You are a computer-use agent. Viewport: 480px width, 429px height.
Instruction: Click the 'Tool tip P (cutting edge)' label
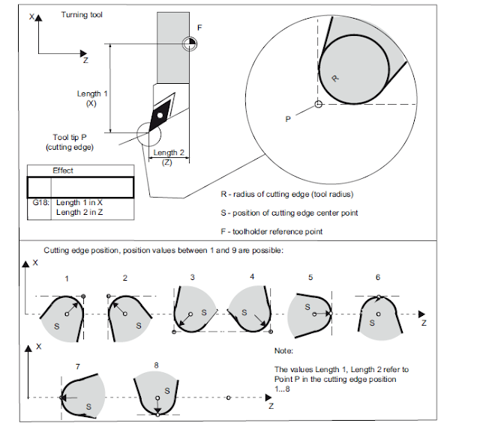(x=73, y=142)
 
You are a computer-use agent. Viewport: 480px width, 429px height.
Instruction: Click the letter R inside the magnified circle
(x=334, y=77)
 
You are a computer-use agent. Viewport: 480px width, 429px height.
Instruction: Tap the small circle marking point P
(x=319, y=103)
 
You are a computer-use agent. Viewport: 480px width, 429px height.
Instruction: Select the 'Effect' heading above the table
(x=63, y=171)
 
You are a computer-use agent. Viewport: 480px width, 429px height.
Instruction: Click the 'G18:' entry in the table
(x=38, y=203)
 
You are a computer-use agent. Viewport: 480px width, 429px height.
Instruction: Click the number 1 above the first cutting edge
(x=67, y=278)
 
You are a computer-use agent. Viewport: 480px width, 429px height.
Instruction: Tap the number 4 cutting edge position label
(x=251, y=278)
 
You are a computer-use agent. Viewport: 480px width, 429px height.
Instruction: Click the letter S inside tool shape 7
(x=88, y=406)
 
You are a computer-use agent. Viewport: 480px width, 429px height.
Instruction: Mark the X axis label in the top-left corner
(x=32, y=16)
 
